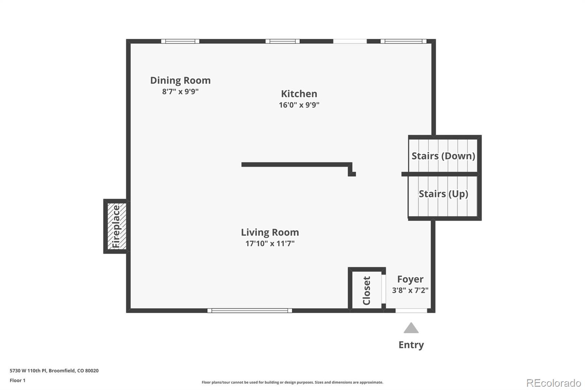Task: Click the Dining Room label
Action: pyautogui.click(x=180, y=80)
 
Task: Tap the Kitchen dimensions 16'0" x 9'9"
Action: pyautogui.click(x=299, y=105)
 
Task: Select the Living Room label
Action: pyautogui.click(x=270, y=232)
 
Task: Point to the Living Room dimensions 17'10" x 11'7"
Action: pyautogui.click(x=270, y=244)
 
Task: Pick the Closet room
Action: pyautogui.click(x=366, y=290)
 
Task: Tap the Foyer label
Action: pyautogui.click(x=410, y=279)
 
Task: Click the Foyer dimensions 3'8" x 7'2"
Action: pyautogui.click(x=410, y=290)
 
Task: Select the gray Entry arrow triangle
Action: pyautogui.click(x=411, y=328)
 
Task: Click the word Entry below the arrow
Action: pyautogui.click(x=411, y=345)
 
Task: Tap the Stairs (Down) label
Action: pyautogui.click(x=443, y=156)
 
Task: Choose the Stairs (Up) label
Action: pyautogui.click(x=443, y=194)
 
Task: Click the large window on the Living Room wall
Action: pyautogui.click(x=250, y=311)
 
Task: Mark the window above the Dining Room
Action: pyautogui.click(x=180, y=41)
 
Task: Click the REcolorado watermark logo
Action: pyautogui.click(x=554, y=383)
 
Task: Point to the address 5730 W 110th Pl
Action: pyautogui.click(x=54, y=371)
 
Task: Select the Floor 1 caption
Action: pyautogui.click(x=18, y=380)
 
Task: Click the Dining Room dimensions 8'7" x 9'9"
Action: pyautogui.click(x=180, y=91)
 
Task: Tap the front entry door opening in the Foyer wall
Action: pyautogui.click(x=411, y=311)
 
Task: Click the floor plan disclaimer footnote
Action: pyautogui.click(x=292, y=382)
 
